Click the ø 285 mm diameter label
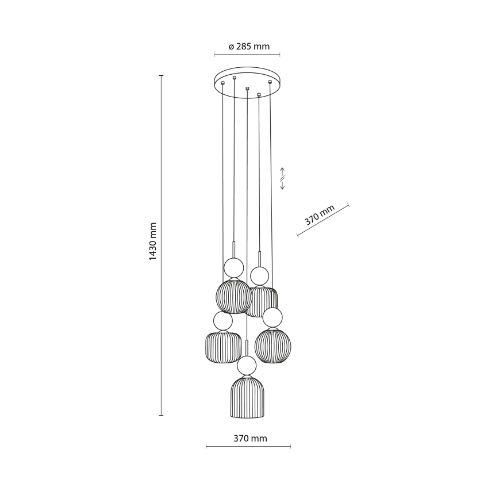248,47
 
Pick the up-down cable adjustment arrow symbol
282,179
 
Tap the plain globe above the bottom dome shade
247,365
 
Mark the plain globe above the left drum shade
222,321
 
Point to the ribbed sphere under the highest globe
232,295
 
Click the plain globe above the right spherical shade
272,316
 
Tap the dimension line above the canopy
247,55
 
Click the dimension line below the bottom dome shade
248,447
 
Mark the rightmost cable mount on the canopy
270,82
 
